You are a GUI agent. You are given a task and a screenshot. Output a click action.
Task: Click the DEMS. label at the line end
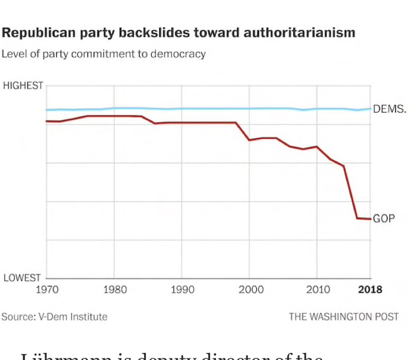tap(389, 109)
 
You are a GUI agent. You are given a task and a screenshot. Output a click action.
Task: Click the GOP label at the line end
tap(384, 219)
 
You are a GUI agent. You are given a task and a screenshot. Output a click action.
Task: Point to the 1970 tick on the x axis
tap(47, 289)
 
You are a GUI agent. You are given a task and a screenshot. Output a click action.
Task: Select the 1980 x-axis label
tap(114, 289)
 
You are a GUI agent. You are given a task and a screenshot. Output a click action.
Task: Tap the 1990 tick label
tap(182, 289)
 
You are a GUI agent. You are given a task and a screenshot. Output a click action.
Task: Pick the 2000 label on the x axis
tap(249, 289)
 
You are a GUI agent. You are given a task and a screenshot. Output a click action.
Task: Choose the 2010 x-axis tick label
tap(317, 289)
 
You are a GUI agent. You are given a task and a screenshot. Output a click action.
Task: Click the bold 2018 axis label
tap(370, 289)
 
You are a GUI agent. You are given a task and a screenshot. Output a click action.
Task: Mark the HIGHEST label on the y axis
tap(23, 85)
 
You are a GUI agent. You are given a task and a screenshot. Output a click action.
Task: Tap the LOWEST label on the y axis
tap(23, 278)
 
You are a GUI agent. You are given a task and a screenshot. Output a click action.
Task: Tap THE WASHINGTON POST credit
tap(343, 316)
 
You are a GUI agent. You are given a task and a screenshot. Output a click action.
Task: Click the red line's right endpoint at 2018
tap(370, 219)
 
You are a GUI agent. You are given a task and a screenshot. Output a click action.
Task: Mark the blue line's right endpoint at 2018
tap(370, 109)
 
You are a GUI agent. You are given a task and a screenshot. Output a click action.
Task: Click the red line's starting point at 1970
tap(47, 121)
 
